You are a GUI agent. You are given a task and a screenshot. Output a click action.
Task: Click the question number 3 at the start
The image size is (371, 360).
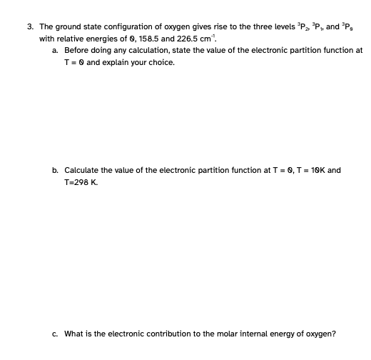pos(29,27)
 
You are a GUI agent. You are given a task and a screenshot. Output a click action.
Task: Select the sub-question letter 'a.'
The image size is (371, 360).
pos(56,50)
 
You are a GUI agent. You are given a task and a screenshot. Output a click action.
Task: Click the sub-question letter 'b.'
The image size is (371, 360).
pos(56,171)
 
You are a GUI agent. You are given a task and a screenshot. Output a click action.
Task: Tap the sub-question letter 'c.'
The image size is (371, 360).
pos(56,333)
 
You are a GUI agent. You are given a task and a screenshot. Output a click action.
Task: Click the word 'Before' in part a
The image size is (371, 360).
pos(76,50)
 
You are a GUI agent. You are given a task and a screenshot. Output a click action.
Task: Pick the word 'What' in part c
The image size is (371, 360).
pos(74,333)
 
